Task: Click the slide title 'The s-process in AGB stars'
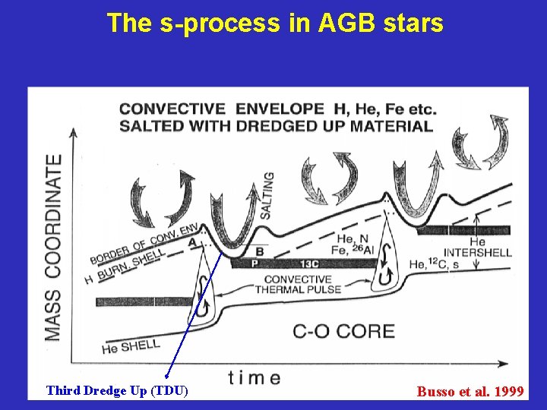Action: click(x=274, y=23)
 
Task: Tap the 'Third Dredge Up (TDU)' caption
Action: click(x=116, y=391)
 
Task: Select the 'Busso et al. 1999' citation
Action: click(x=470, y=392)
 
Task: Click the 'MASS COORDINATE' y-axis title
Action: click(x=53, y=247)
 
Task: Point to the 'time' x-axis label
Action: click(x=254, y=377)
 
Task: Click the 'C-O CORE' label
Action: click(x=343, y=331)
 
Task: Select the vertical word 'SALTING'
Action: click(x=267, y=195)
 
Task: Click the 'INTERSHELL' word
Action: click(x=477, y=252)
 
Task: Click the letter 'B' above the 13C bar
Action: click(x=259, y=251)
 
